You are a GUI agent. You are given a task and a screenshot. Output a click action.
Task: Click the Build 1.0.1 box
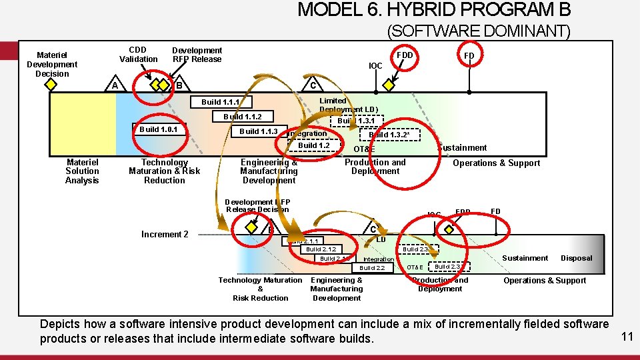point(157,129)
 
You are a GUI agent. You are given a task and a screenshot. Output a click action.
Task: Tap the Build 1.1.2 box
point(243,117)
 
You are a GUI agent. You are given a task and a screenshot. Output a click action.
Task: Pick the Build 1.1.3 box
point(259,131)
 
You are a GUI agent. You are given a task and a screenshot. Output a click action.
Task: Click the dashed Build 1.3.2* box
point(389,135)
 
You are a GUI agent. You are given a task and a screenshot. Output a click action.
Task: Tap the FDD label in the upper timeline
point(405,55)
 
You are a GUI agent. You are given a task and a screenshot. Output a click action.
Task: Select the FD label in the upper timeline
point(469,56)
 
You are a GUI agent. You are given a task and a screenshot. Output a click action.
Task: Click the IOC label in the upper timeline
point(376,66)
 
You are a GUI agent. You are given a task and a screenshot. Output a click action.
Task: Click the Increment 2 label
point(165,234)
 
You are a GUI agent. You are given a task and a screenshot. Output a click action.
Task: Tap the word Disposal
point(576,258)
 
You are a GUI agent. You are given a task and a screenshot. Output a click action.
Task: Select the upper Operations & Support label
point(496,163)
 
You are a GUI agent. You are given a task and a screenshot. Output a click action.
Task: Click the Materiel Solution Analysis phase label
point(82,171)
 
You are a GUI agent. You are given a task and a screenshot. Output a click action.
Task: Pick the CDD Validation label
point(138,54)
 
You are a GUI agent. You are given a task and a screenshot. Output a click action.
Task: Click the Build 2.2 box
point(372,268)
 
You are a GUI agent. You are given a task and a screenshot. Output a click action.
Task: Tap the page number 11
point(627,337)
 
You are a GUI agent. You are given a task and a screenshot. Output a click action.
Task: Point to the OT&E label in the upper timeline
point(364,149)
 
